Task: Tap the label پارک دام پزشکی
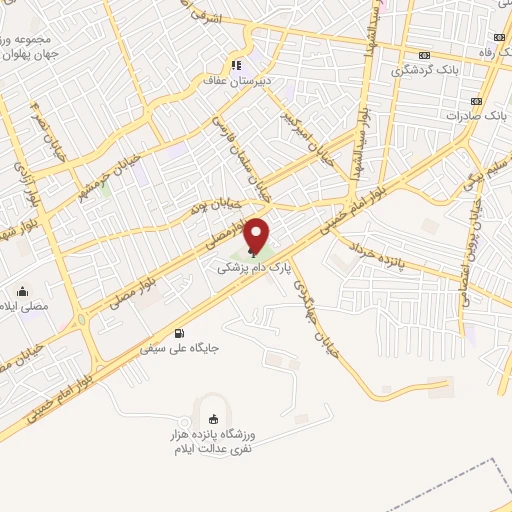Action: pos(257,269)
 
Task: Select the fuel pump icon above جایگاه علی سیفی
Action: pos(179,333)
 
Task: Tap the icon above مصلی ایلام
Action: pos(20,292)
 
